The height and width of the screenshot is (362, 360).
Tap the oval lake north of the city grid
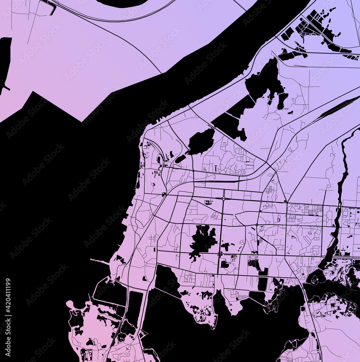point(201,141)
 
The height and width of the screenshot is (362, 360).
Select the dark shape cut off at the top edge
point(121,3)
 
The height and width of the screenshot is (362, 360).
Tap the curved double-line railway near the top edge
point(116,18)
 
